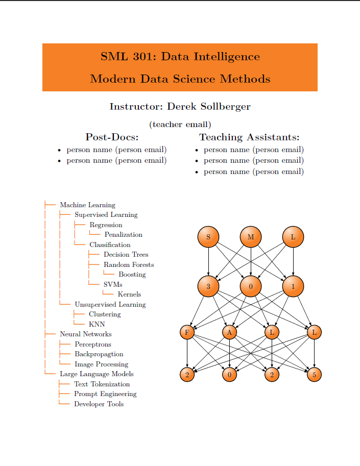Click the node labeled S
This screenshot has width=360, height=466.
[x=208, y=237]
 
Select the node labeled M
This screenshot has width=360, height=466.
[x=251, y=237]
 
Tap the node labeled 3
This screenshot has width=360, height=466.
[x=208, y=286]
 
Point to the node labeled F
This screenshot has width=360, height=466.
[x=187, y=333]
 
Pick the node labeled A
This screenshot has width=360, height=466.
[x=230, y=333]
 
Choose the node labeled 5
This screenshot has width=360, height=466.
[x=314, y=375]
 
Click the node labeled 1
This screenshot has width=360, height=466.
[x=293, y=286]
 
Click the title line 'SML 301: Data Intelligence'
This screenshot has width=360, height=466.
[x=180, y=56]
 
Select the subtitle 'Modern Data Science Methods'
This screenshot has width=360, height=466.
[x=180, y=79]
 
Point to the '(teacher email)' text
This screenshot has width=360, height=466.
[x=180, y=124]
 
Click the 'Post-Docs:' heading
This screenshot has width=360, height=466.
[x=112, y=137]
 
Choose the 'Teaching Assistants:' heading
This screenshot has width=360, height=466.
[x=249, y=137]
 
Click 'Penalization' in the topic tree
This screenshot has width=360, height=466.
[x=123, y=235]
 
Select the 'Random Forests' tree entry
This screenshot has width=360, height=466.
[x=128, y=264]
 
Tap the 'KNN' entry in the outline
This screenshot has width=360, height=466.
[x=97, y=324]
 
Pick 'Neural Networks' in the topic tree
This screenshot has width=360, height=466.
[x=85, y=334]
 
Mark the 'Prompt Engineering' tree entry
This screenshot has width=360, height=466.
[x=105, y=394]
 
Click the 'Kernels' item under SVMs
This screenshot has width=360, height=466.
[x=129, y=294]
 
